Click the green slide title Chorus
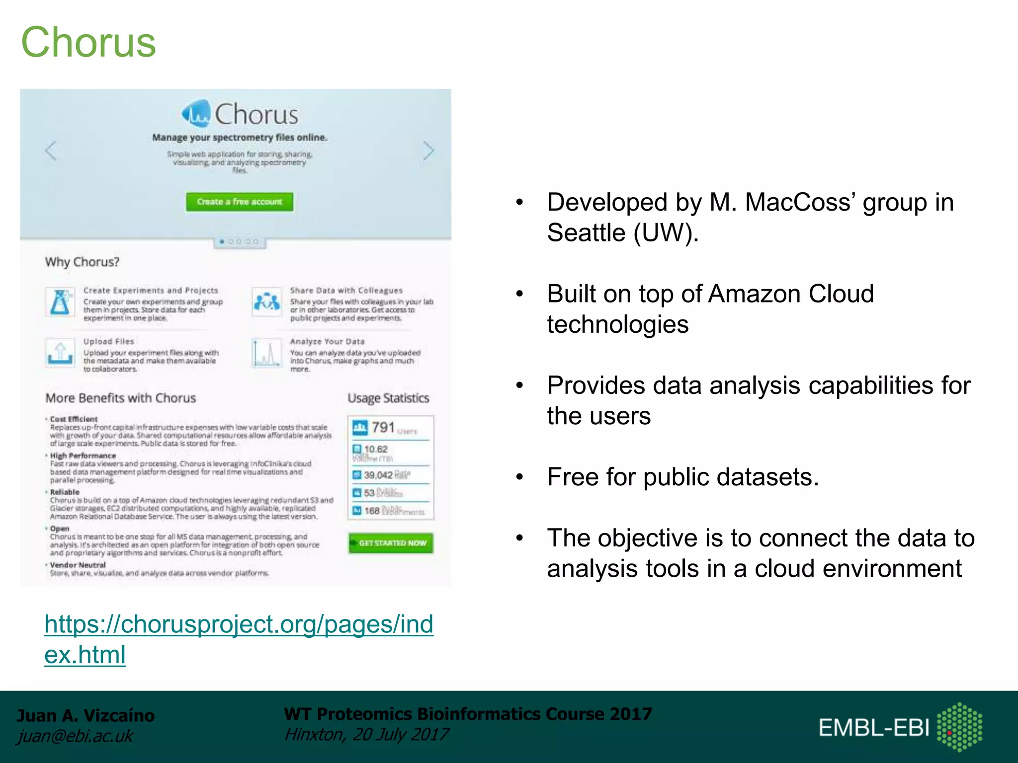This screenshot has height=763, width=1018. (x=88, y=43)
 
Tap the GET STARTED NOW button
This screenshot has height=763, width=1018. (x=391, y=543)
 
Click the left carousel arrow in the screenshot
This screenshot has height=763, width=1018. (x=51, y=151)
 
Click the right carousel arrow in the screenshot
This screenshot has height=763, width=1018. (x=428, y=151)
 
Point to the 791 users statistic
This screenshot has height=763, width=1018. (x=383, y=428)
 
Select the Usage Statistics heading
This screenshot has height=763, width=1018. (x=388, y=398)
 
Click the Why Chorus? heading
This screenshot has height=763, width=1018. (x=82, y=262)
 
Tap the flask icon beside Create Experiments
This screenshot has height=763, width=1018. (x=61, y=302)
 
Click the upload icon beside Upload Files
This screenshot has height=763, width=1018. (x=60, y=353)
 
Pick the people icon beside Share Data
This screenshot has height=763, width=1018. (x=267, y=302)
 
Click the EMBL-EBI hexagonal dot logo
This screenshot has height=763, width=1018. (x=959, y=727)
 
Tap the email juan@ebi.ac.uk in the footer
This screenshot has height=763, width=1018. (x=75, y=736)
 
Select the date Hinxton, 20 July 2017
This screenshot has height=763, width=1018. (x=366, y=735)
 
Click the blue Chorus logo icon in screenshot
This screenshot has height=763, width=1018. (x=196, y=114)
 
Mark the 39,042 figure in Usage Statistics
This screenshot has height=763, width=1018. (x=378, y=475)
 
